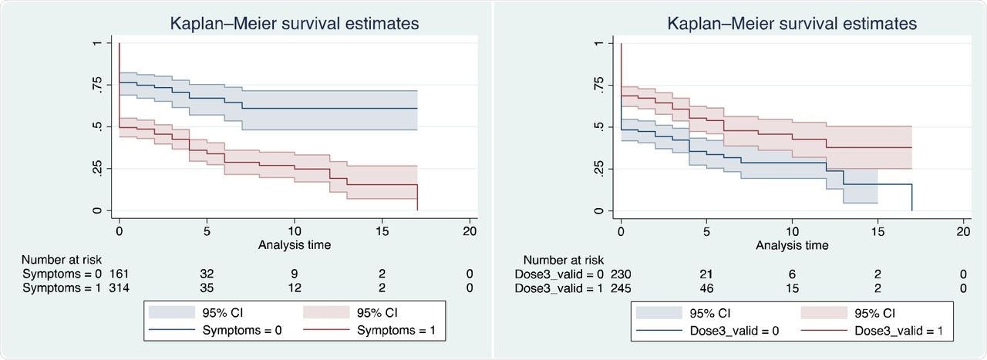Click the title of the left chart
(295, 24)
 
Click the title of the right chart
(793, 24)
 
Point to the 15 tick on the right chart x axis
(878, 231)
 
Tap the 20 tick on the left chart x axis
(469, 231)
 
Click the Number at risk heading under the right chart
(564, 260)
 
